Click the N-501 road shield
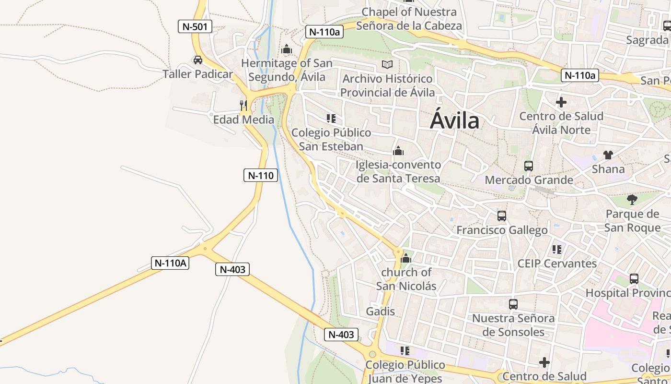(x=195, y=26)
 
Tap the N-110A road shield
(x=170, y=263)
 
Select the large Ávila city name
(x=454, y=120)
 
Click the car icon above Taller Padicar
(x=197, y=60)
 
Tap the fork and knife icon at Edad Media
(x=243, y=105)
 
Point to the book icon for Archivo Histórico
(x=387, y=64)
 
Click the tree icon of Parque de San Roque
(x=632, y=199)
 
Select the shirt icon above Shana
(x=608, y=155)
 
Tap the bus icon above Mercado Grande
(x=529, y=166)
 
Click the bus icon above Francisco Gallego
(x=501, y=216)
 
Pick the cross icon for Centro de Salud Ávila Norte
(x=561, y=102)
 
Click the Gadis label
(x=381, y=312)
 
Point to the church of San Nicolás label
(x=406, y=279)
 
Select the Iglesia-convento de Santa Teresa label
(x=398, y=171)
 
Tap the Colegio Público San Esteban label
(x=331, y=139)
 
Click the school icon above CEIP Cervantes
(x=556, y=250)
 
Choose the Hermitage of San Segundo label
(x=287, y=70)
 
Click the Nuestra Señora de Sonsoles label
(x=513, y=325)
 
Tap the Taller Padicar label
(x=197, y=74)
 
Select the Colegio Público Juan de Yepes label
(x=405, y=372)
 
